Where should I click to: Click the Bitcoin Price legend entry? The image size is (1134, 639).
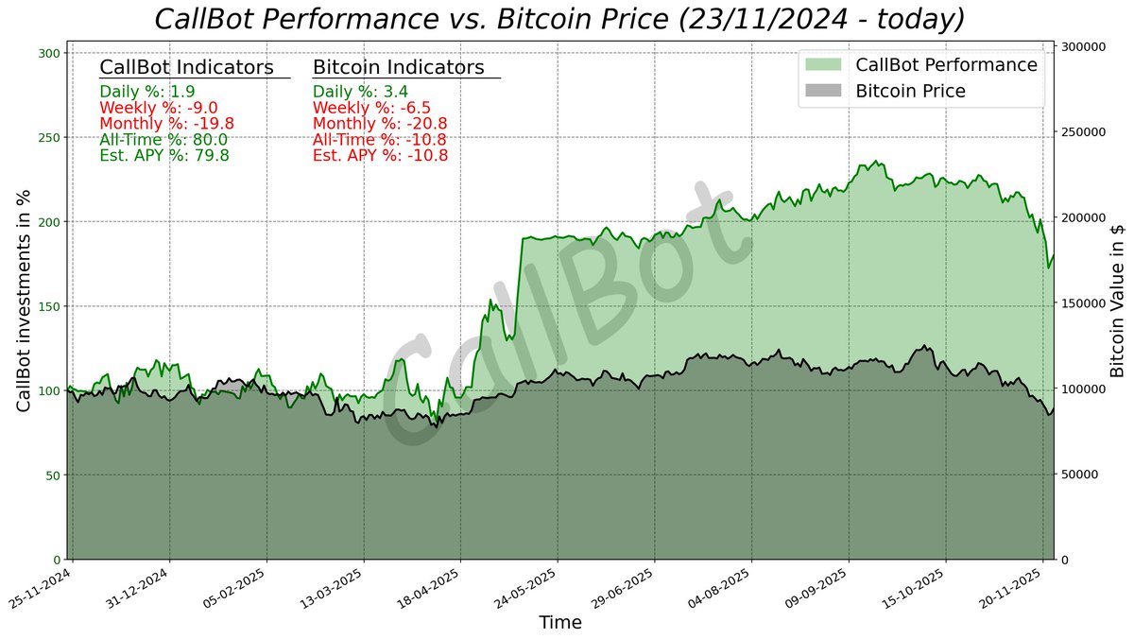click(x=910, y=92)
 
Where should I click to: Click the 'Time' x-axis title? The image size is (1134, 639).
click(x=559, y=623)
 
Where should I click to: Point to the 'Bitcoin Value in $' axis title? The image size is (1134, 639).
click(x=1117, y=301)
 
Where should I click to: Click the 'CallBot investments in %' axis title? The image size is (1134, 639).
click(x=24, y=301)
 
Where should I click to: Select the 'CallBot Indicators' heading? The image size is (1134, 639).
click(x=186, y=68)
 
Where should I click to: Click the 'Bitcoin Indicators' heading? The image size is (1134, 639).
click(x=398, y=68)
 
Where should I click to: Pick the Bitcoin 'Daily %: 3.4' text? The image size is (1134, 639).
click(x=360, y=92)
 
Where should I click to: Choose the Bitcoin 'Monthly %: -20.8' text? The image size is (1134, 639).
click(x=380, y=124)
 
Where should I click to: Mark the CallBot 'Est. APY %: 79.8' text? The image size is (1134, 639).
click(x=163, y=156)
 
